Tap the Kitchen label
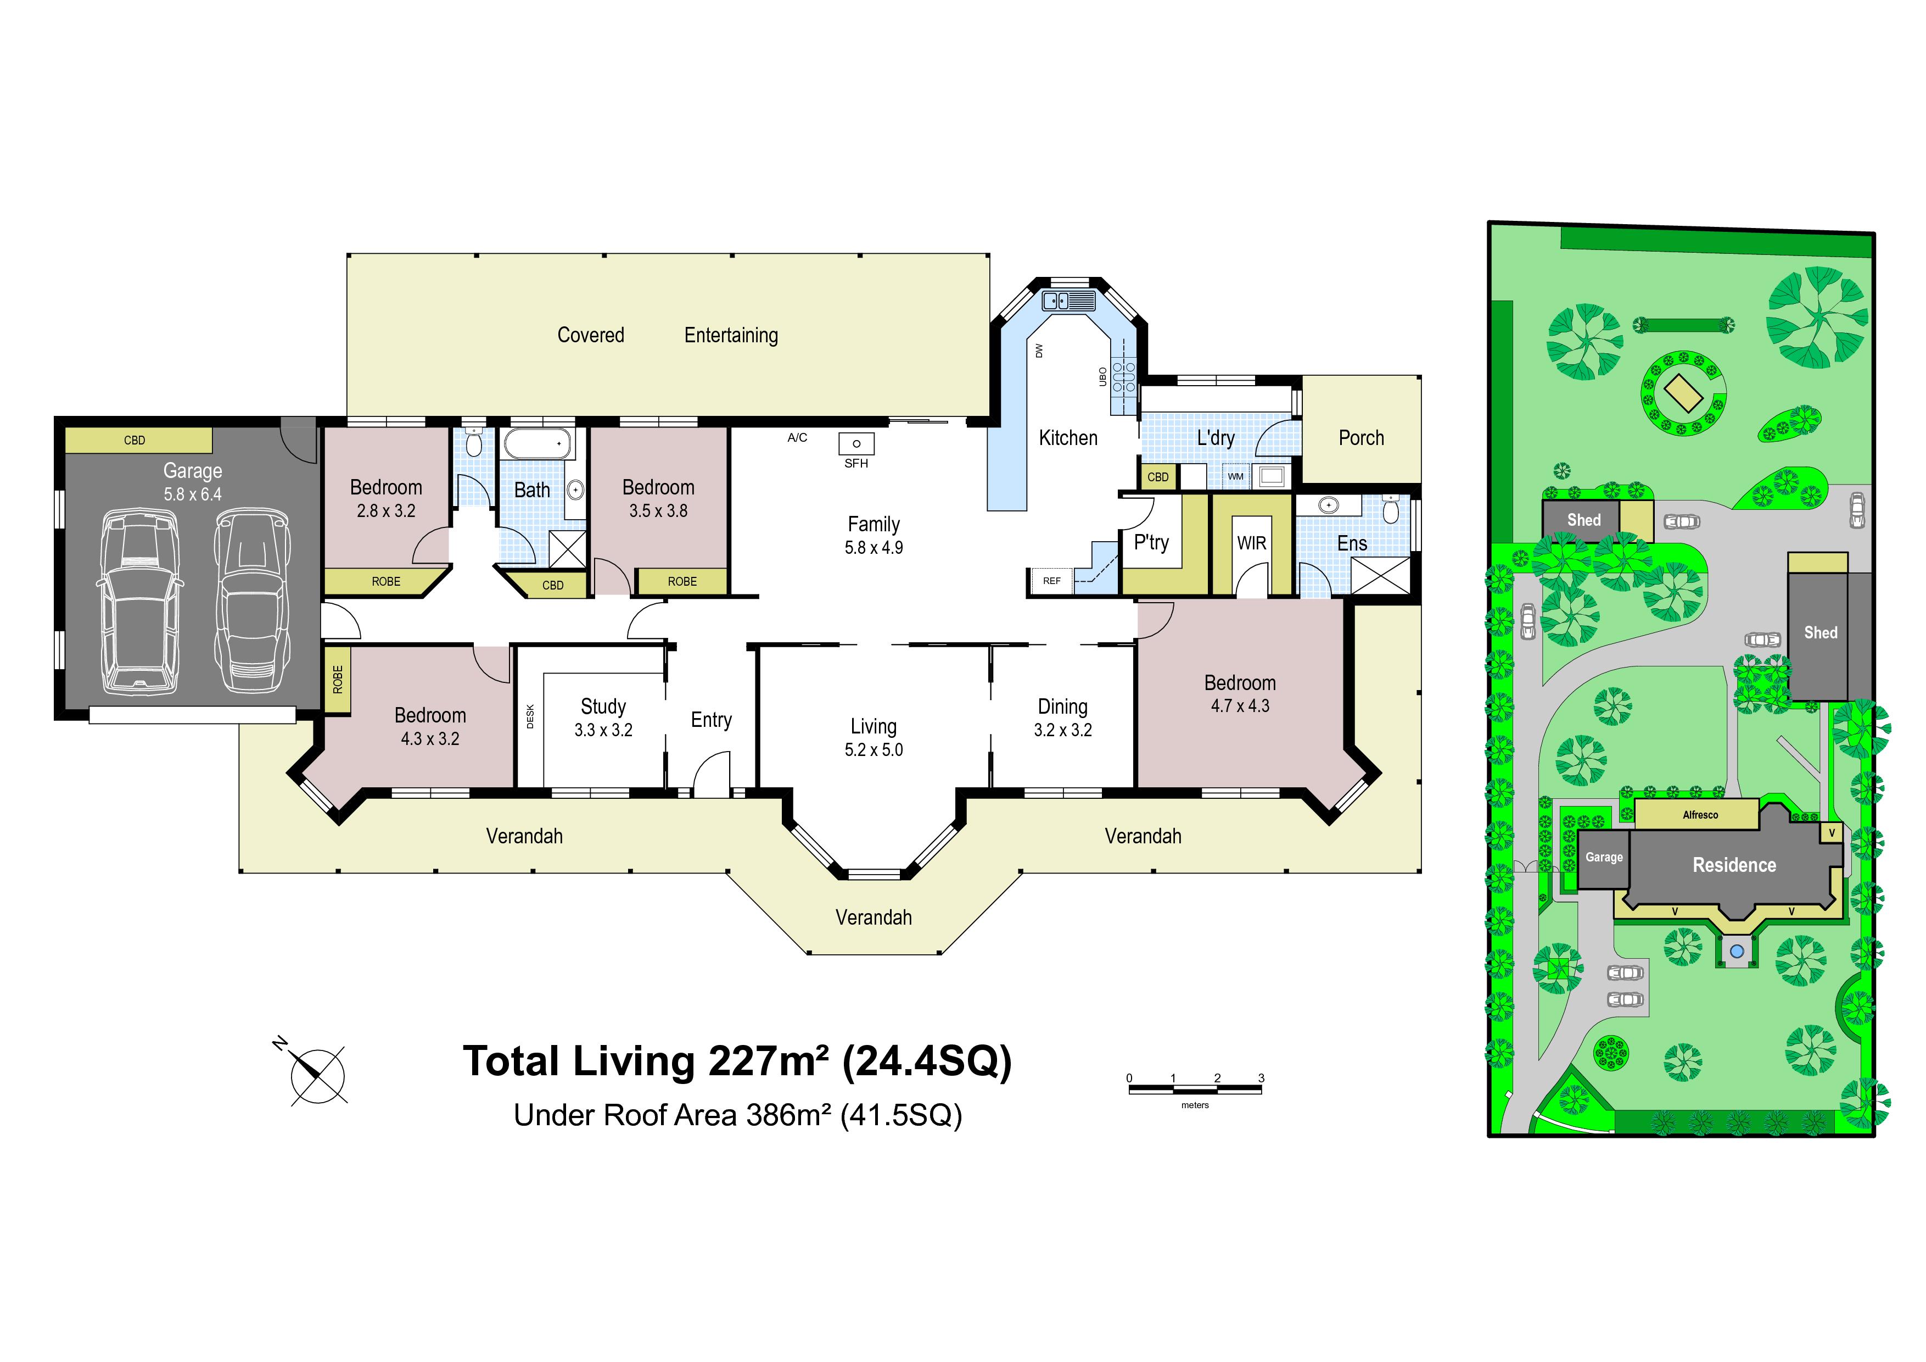click(x=1068, y=438)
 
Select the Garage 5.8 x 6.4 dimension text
click(x=193, y=494)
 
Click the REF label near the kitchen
click(x=1052, y=581)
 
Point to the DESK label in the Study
click(x=530, y=716)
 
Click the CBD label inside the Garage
click(x=134, y=441)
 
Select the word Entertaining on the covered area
click(x=731, y=336)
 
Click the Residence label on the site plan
click(x=1734, y=865)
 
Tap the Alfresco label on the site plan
click(x=1700, y=815)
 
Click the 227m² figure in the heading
click(x=769, y=1061)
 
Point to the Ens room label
click(x=1352, y=544)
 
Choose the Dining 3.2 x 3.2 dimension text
click(x=1063, y=730)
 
